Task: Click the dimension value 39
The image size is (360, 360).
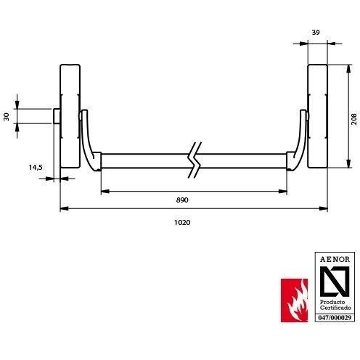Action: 316,32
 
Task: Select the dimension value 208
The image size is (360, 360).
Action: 353,119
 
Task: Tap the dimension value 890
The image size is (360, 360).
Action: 182,200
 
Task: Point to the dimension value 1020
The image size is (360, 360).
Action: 182,223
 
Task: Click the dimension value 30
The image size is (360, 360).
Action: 7,117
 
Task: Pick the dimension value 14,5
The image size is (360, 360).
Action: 36,167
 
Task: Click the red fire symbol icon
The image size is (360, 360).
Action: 294,300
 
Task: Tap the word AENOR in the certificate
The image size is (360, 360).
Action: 335,260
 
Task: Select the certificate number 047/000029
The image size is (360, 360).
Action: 335,318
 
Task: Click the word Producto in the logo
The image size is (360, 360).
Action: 332,302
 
